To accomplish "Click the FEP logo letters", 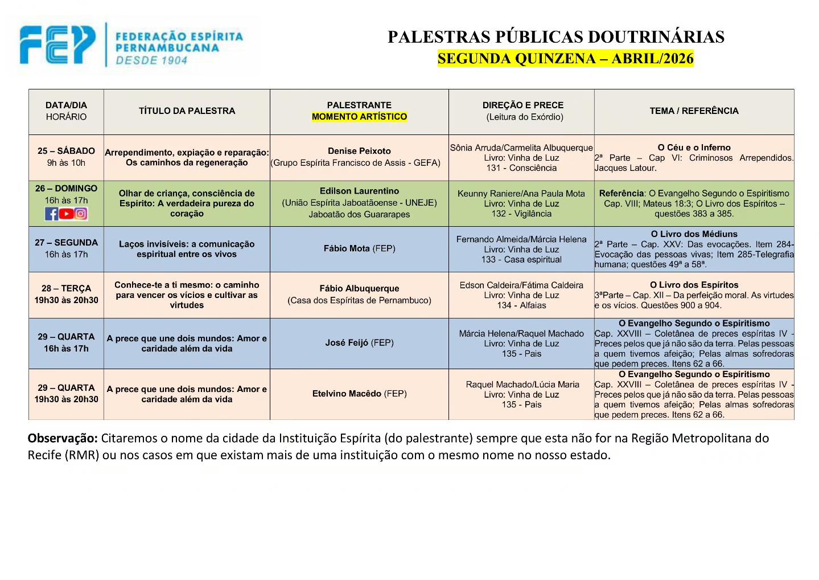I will click(x=57, y=44).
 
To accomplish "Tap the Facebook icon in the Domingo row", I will click(x=52, y=214).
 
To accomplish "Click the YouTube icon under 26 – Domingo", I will click(x=66, y=214).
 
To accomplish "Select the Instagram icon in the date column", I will click(x=81, y=214).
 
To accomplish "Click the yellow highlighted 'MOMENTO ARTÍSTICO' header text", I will click(x=359, y=117).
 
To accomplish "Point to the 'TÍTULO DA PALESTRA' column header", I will click(x=187, y=111).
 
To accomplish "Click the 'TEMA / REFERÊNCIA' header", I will click(x=694, y=111).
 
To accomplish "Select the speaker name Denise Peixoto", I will click(x=359, y=151).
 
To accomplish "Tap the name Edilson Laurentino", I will click(x=359, y=191).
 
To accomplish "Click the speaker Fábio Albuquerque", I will click(x=359, y=289).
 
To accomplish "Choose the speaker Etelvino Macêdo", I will click(x=347, y=394).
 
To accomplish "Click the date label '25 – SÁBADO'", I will click(x=66, y=151).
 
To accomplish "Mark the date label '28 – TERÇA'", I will click(x=66, y=289).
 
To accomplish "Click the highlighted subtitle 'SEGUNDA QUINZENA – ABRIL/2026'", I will click(x=565, y=59).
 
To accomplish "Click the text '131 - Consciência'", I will click(x=521, y=168).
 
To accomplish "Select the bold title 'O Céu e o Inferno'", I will click(x=694, y=148).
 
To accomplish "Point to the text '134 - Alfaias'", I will click(x=521, y=305).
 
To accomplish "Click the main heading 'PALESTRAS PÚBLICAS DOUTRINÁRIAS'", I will click(x=555, y=37).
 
